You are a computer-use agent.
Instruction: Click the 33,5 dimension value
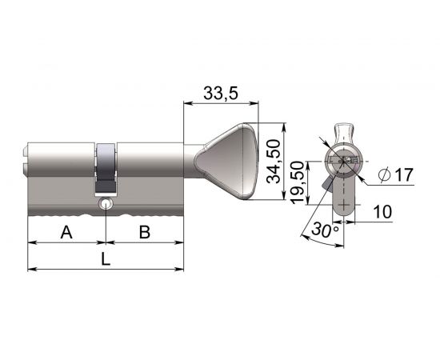point(220,93)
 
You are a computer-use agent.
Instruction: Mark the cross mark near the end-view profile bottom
point(345,205)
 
